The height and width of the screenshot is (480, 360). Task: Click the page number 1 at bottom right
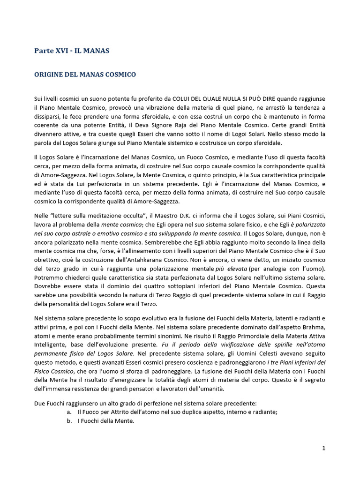(323, 449)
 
